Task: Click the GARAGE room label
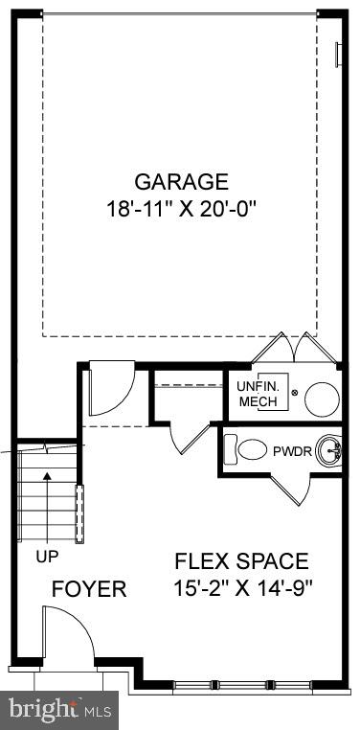click(x=181, y=181)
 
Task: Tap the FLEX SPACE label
click(x=240, y=561)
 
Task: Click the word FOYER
click(x=89, y=588)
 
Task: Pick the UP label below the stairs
click(x=47, y=556)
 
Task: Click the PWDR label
click(x=292, y=451)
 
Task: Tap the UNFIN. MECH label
click(x=257, y=394)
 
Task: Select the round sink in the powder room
click(x=330, y=448)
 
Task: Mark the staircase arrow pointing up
click(x=47, y=498)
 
